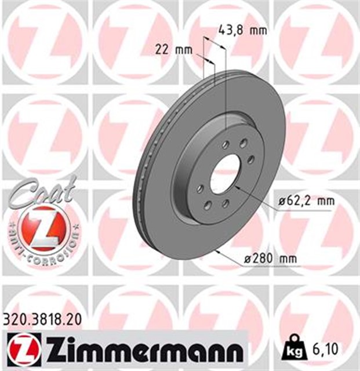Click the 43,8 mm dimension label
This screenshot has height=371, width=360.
(x=243, y=30)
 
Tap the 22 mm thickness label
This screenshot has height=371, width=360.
(x=174, y=50)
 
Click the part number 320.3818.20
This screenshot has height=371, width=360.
(x=41, y=318)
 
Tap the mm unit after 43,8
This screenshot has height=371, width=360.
(x=258, y=30)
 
